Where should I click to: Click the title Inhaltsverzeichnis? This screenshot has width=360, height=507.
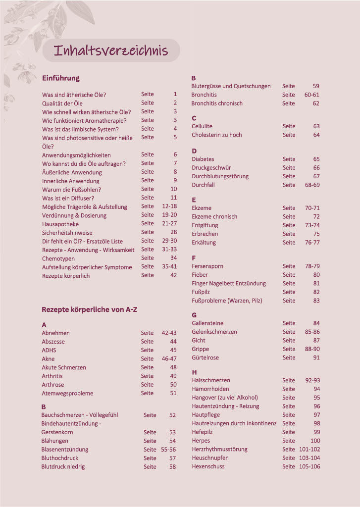[x=111, y=51]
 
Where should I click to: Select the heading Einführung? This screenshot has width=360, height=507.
[x=61, y=78]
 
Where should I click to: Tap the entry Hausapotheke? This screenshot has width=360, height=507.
[x=60, y=224]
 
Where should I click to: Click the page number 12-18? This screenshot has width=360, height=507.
[x=169, y=206]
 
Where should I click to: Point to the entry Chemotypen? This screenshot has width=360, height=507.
[x=58, y=258]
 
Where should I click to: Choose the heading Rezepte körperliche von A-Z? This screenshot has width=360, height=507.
[x=90, y=309]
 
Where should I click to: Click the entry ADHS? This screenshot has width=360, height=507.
[x=49, y=350]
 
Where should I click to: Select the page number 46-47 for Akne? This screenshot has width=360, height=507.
[x=169, y=358]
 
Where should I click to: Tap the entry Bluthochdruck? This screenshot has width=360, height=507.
[x=60, y=458]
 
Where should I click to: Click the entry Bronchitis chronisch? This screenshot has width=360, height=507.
[x=217, y=103]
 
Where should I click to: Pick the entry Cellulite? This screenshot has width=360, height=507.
[x=202, y=126]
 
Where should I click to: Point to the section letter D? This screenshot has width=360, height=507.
[x=194, y=151]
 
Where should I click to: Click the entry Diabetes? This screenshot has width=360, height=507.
[x=203, y=159]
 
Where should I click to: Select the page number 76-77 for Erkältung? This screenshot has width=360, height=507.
[x=312, y=243]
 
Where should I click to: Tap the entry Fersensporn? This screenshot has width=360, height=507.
[x=207, y=266]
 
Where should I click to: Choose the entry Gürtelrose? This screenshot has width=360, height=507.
[x=205, y=357]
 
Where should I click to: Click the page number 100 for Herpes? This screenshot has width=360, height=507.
[x=315, y=441]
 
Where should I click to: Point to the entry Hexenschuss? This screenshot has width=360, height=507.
[x=208, y=466]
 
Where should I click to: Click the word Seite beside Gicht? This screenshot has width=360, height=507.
[x=289, y=341]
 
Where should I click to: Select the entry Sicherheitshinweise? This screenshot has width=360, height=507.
[x=67, y=233]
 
